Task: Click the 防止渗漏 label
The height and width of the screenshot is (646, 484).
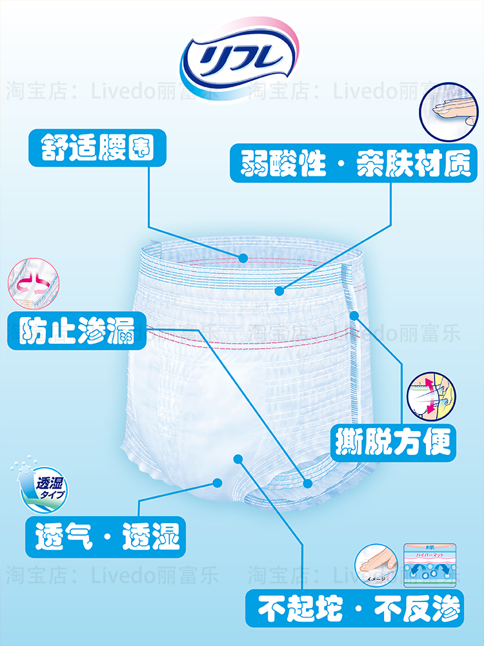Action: (x=77, y=331)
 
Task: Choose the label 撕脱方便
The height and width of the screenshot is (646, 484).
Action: (x=394, y=443)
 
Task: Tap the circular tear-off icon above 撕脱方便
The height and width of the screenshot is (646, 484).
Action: (x=431, y=395)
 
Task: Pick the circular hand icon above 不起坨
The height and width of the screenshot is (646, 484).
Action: (x=378, y=565)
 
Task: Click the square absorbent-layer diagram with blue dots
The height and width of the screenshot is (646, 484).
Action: (x=430, y=565)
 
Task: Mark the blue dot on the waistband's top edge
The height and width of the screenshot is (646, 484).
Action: (x=243, y=258)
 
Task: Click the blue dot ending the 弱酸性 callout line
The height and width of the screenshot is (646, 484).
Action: (x=279, y=291)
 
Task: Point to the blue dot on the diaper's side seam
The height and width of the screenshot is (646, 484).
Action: (x=354, y=315)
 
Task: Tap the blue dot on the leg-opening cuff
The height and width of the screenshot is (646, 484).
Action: (x=308, y=483)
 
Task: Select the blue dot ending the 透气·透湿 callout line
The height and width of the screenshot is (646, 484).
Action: (x=217, y=481)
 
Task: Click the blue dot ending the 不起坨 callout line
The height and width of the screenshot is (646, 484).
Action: (x=237, y=459)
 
